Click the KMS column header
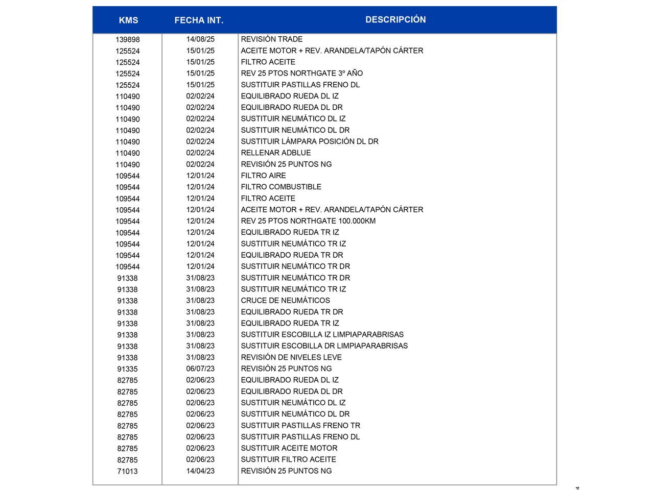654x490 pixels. click(128, 20)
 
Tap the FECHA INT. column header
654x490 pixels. click(199, 20)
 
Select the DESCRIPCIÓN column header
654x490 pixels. click(395, 19)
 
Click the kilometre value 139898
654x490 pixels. click(127, 40)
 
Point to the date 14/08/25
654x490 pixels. click(200, 39)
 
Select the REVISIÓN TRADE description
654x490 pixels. click(272, 39)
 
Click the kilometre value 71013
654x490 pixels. click(127, 472)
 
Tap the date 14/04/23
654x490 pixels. click(200, 471)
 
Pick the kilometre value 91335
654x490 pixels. click(127, 369)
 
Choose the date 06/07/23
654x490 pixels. click(200, 369)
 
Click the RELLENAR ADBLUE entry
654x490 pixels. click(276, 153)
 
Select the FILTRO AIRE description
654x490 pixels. click(264, 176)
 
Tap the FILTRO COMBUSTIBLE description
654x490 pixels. click(281, 187)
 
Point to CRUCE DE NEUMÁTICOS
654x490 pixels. click(286, 301)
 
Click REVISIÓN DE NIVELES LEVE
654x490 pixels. click(291, 357)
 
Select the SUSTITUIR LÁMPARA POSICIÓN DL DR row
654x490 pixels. click(310, 141)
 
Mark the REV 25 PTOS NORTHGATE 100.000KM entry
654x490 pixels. click(308, 221)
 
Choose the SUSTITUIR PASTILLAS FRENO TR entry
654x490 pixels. click(300, 426)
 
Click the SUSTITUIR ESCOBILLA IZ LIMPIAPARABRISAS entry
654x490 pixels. click(322, 335)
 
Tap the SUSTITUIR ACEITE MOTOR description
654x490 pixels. click(289, 448)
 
